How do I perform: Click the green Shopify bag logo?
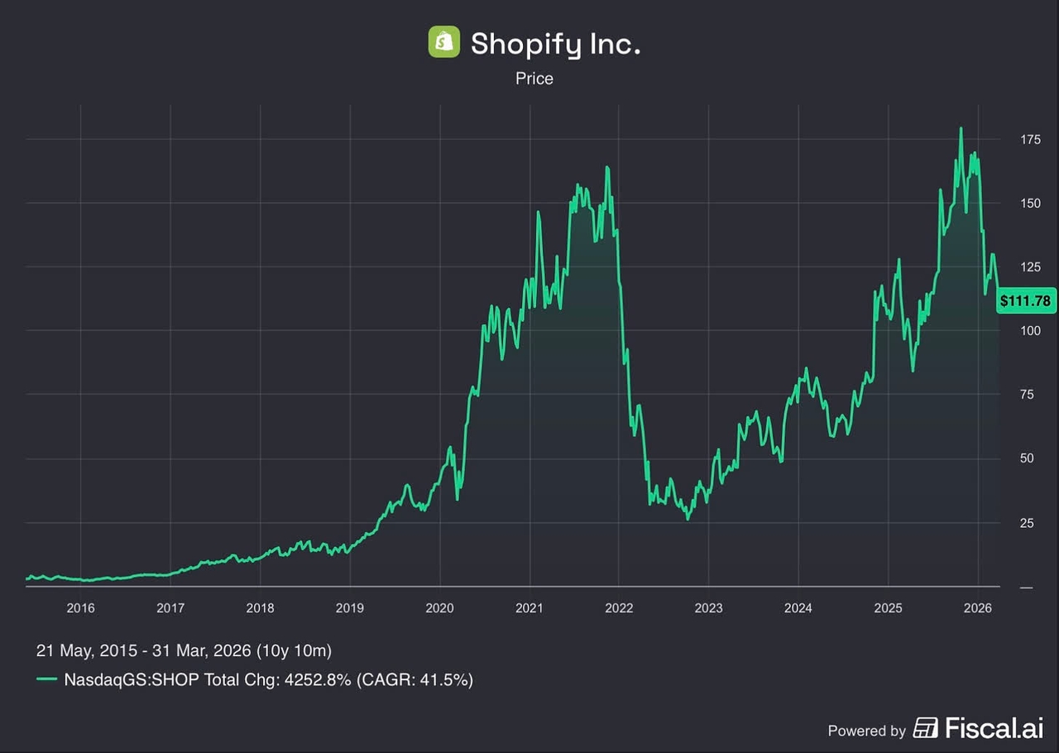[x=443, y=43]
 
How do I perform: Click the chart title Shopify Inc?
[x=555, y=44]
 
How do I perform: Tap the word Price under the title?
[x=534, y=79]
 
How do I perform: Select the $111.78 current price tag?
[x=1025, y=301]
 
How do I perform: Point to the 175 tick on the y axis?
[x=1029, y=140]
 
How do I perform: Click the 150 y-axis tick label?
[x=1029, y=204]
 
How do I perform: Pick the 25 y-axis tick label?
[x=1026, y=523]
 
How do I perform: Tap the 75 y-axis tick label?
[x=1026, y=395]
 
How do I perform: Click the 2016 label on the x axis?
[x=80, y=608]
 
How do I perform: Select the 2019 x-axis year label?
[x=350, y=608]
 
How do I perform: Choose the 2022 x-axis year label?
[x=619, y=608]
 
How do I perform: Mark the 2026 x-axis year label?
[x=978, y=608]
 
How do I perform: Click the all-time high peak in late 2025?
[x=961, y=129]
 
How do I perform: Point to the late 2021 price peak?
[x=607, y=168]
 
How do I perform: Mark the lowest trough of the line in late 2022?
[x=688, y=519]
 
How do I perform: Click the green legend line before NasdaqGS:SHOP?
[x=47, y=680]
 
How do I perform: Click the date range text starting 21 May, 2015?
[x=184, y=650]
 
